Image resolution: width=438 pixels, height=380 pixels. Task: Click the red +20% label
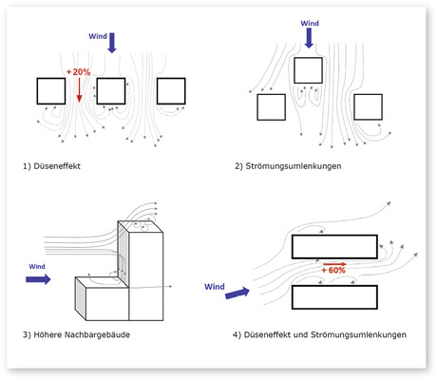tap(79, 72)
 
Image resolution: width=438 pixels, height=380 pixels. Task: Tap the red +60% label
tap(333, 270)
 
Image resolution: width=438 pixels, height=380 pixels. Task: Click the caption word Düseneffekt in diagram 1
tap(57, 166)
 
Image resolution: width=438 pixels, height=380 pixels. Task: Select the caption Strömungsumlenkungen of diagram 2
tap(294, 166)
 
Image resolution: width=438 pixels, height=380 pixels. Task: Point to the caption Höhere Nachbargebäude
tap(82, 334)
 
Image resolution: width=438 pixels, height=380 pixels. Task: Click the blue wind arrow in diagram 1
tap(112, 43)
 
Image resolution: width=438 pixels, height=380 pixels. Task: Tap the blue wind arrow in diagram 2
tap(309, 38)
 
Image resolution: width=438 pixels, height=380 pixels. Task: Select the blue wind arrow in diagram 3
tap(38, 279)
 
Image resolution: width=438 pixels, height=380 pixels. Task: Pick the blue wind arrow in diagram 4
tap(238, 293)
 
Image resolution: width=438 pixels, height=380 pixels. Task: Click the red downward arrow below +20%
tap(79, 90)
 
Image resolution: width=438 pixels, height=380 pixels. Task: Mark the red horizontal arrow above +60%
tap(334, 264)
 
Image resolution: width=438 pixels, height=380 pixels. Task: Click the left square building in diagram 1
tap(51, 91)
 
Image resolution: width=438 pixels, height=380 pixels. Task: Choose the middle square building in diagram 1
tap(111, 91)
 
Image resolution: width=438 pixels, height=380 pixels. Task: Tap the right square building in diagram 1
tap(171, 91)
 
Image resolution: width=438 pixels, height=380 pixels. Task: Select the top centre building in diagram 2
tap(308, 70)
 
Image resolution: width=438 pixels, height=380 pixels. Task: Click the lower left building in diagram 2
tap(271, 107)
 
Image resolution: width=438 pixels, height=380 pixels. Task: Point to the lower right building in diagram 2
tap(368, 106)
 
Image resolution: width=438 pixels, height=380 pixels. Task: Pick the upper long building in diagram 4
tap(334, 247)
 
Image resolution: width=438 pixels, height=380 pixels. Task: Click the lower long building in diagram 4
tap(334, 297)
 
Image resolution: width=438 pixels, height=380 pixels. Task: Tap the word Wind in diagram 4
tap(215, 287)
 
